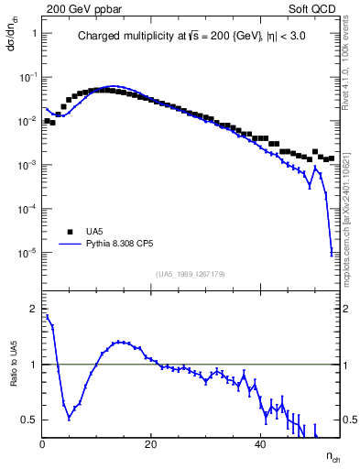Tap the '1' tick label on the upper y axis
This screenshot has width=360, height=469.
pos(34,34)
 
